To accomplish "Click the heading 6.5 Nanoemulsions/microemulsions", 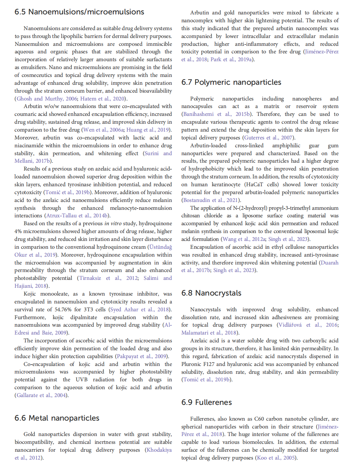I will coord(79,12).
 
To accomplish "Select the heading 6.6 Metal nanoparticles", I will coord(57,418).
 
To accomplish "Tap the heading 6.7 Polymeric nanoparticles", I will coord(231,82).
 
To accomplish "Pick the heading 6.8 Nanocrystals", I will coord(211,293).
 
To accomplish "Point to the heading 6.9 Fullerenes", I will coord(207,402).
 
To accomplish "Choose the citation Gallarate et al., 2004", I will coord(42,395).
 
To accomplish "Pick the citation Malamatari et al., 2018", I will coord(209,333).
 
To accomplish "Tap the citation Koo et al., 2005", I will coord(276,458).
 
